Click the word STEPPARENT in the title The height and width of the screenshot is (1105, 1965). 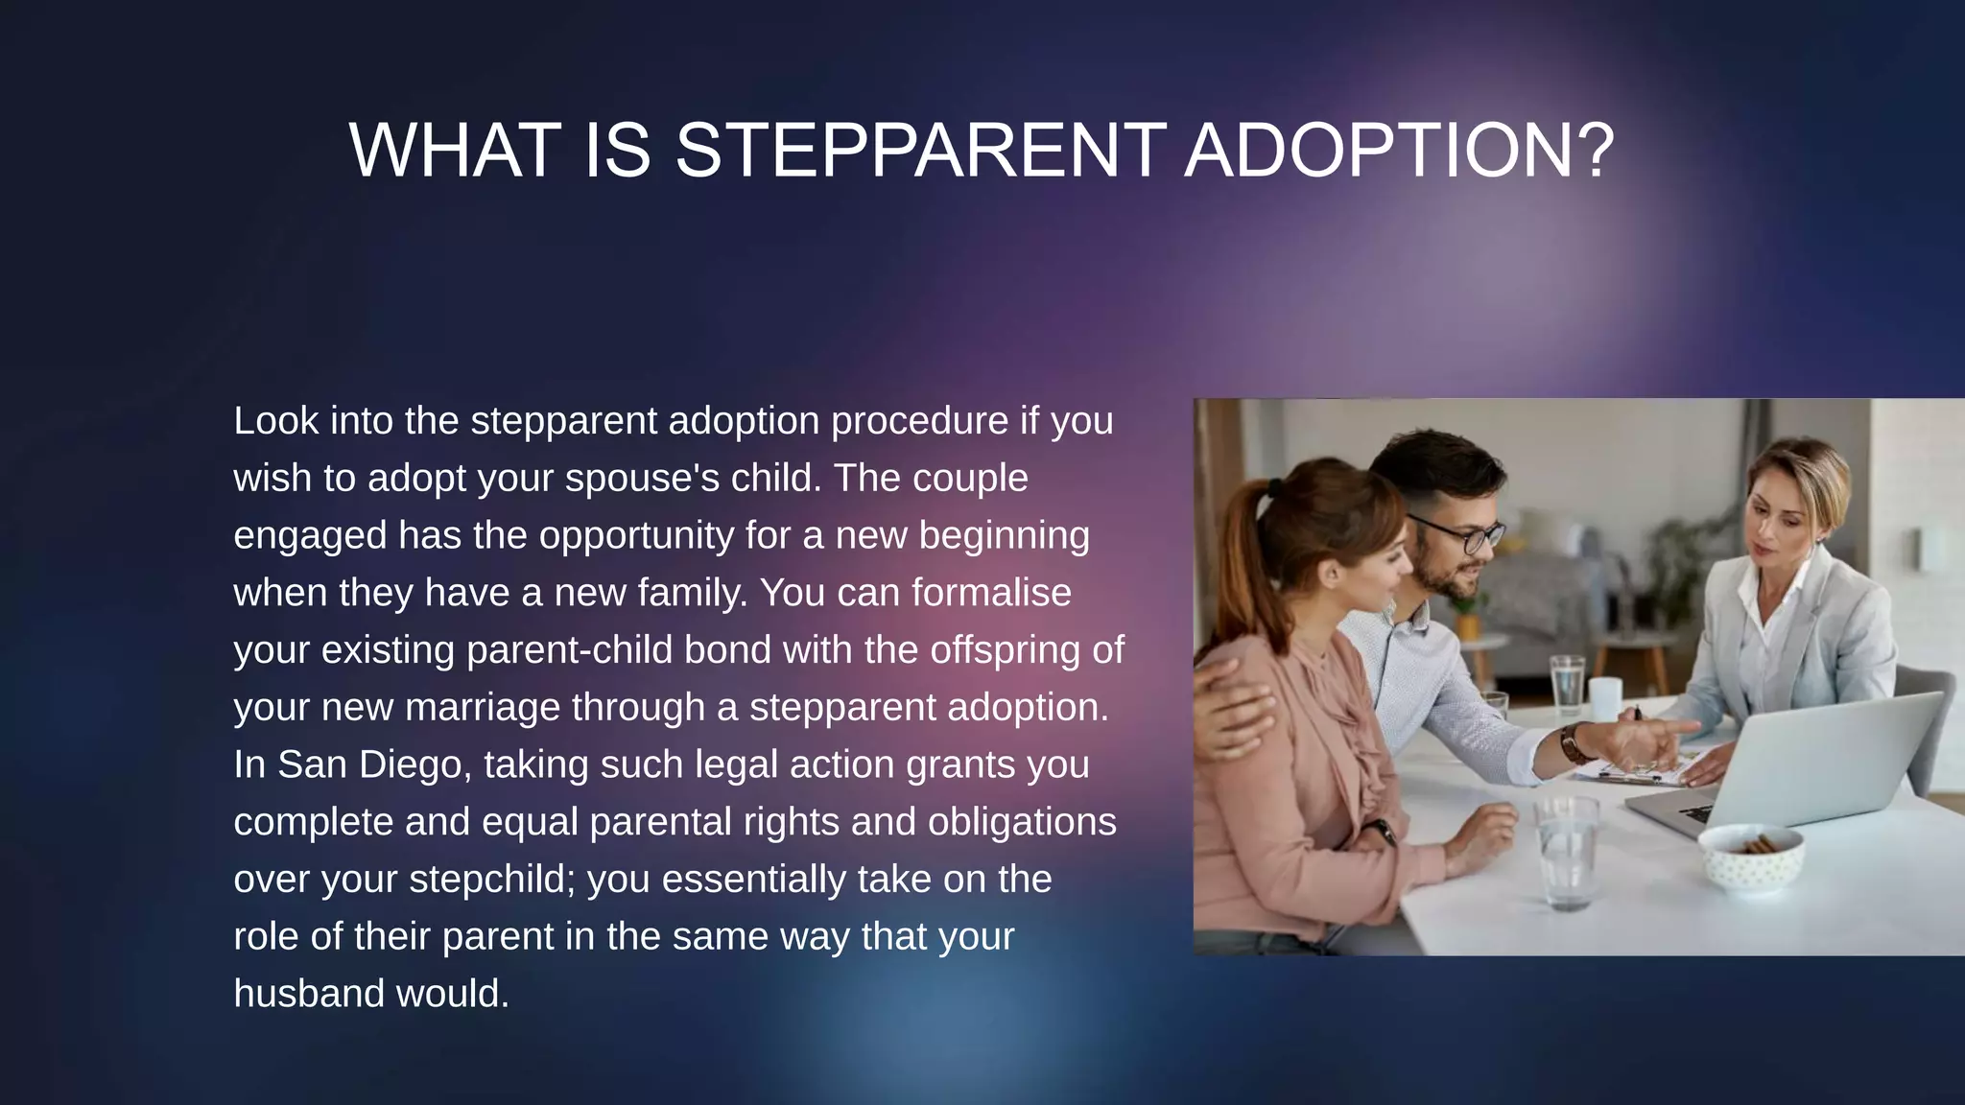click(x=920, y=151)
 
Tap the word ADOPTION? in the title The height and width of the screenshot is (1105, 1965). click(x=1400, y=151)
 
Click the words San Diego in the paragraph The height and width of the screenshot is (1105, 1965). click(x=370, y=765)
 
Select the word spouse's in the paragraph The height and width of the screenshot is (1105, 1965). click(x=642, y=479)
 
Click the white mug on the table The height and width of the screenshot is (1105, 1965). click(x=1604, y=697)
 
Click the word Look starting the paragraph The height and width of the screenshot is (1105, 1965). click(x=275, y=421)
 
